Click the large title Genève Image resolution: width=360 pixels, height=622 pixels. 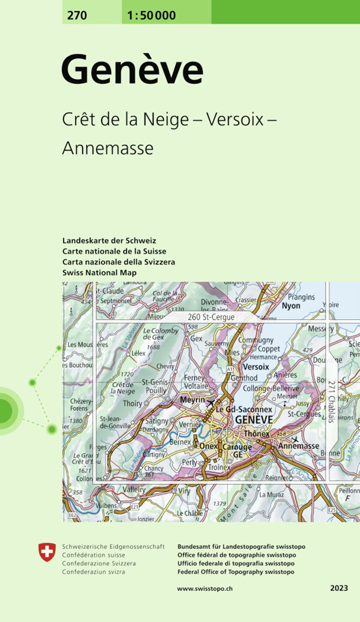(x=132, y=71)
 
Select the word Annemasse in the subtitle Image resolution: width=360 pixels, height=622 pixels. (x=108, y=148)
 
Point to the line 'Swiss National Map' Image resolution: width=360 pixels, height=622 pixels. (x=99, y=272)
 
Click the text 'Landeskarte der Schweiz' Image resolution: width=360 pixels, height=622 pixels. (x=109, y=241)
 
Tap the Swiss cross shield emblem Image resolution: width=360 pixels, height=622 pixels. (x=47, y=552)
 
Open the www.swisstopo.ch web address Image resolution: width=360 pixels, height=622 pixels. (x=205, y=588)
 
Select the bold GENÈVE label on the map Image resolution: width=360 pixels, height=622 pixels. (x=254, y=419)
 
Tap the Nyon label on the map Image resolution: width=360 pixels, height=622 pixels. (x=291, y=306)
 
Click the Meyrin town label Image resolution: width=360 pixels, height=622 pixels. (x=192, y=400)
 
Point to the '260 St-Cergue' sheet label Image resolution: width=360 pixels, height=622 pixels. (x=211, y=318)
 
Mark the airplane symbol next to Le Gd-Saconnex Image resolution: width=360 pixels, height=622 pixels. (x=211, y=403)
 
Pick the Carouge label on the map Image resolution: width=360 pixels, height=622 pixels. (x=237, y=447)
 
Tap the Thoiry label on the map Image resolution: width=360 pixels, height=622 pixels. (x=132, y=403)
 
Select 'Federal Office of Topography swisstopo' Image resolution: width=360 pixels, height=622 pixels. (x=236, y=572)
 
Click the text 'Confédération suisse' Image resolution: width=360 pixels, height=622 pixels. (x=93, y=555)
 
